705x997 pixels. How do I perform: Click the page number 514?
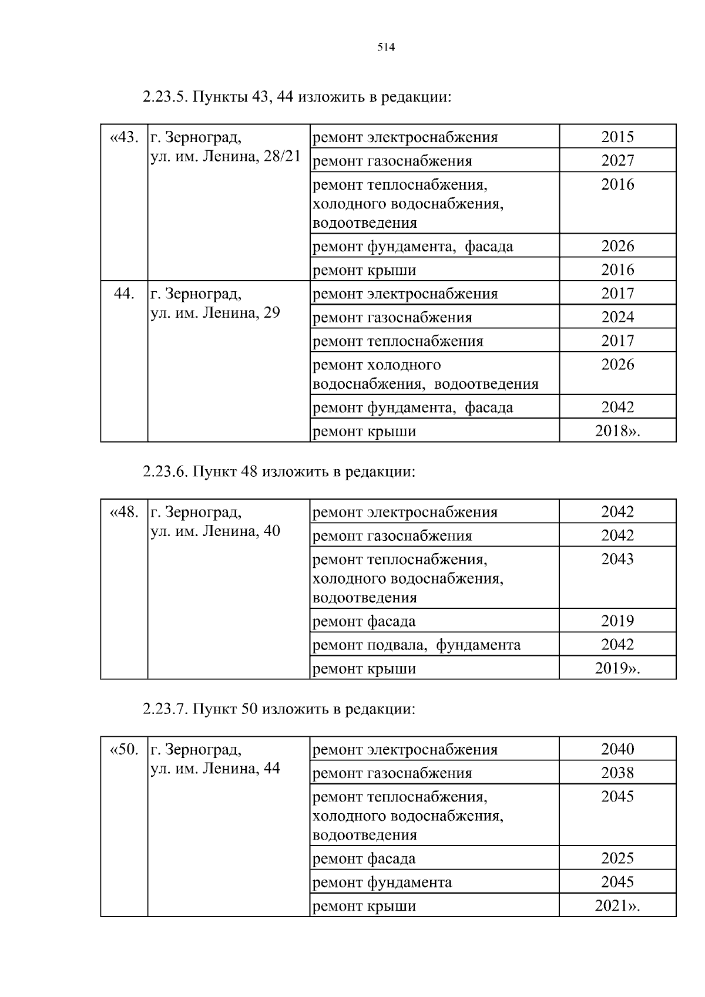pyautogui.click(x=386, y=48)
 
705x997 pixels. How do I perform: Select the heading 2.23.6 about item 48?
pyautogui.click(x=278, y=472)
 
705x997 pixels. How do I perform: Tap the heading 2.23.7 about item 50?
pyautogui.click(x=278, y=709)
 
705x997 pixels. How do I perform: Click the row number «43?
pyautogui.click(x=124, y=138)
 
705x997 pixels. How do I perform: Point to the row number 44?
pyautogui.click(x=124, y=294)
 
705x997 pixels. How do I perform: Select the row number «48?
pyautogui.click(x=124, y=513)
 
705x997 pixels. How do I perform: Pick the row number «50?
pyautogui.click(x=124, y=750)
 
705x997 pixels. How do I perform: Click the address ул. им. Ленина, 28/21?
pyautogui.click(x=225, y=157)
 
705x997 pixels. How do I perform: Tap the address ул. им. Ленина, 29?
pyautogui.click(x=215, y=313)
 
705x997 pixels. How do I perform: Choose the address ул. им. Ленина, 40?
pyautogui.click(x=215, y=531)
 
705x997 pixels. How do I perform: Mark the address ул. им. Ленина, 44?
pyautogui.click(x=215, y=769)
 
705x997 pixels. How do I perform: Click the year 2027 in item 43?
pyautogui.click(x=617, y=161)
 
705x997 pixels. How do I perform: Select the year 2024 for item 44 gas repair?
pyautogui.click(x=617, y=318)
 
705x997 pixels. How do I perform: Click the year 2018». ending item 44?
pyautogui.click(x=617, y=432)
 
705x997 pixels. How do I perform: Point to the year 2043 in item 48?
pyautogui.click(x=617, y=560)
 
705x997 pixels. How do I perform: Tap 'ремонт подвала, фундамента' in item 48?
pyautogui.click(x=416, y=645)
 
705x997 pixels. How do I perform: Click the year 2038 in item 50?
pyautogui.click(x=617, y=773)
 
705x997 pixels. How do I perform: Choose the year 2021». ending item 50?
pyautogui.click(x=617, y=906)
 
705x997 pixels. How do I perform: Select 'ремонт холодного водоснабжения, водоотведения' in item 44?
pyautogui.click(x=425, y=375)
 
